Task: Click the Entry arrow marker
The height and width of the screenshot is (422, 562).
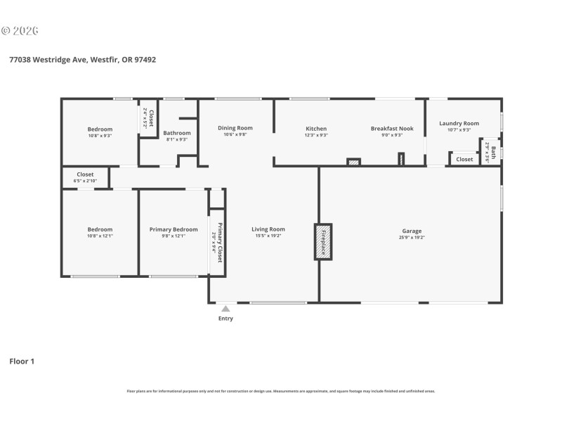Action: pyautogui.click(x=226, y=308)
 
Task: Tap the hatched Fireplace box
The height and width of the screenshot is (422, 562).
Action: pyautogui.click(x=323, y=241)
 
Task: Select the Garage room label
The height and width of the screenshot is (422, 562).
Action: pyautogui.click(x=412, y=231)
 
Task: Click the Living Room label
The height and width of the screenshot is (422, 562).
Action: pyautogui.click(x=268, y=229)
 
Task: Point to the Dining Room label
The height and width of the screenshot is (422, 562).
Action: pyautogui.click(x=235, y=128)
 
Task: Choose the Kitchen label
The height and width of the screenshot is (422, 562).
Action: pyautogui.click(x=316, y=129)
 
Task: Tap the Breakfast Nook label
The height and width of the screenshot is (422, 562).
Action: pyautogui.click(x=392, y=129)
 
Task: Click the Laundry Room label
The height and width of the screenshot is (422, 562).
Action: pyautogui.click(x=459, y=124)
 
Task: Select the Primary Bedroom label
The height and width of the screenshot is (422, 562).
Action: pyautogui.click(x=174, y=229)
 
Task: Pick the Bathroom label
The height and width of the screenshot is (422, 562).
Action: pyautogui.click(x=177, y=133)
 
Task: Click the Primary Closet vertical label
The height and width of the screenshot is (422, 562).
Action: pyautogui.click(x=220, y=243)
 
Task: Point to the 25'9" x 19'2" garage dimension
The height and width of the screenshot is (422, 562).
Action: pyautogui.click(x=412, y=237)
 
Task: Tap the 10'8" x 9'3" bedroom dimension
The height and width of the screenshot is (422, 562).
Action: pyautogui.click(x=100, y=136)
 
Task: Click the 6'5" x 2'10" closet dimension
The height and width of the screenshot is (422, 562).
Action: pyautogui.click(x=85, y=181)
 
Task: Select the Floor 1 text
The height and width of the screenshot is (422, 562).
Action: pyautogui.click(x=21, y=362)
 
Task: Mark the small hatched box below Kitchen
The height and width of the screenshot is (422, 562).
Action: pyautogui.click(x=354, y=162)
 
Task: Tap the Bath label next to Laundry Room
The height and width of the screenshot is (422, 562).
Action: pyautogui.click(x=493, y=152)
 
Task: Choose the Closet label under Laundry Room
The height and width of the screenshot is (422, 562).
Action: pyautogui.click(x=464, y=160)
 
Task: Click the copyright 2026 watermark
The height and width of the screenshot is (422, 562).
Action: pyautogui.click(x=20, y=30)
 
